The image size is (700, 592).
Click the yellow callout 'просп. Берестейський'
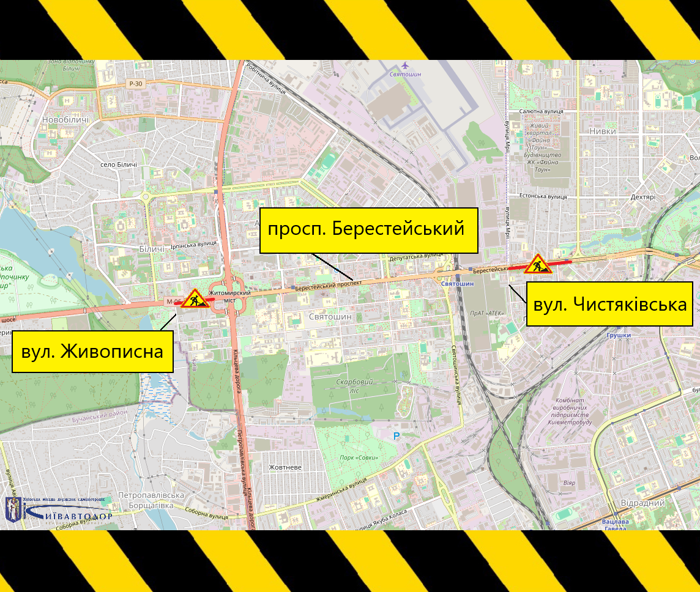pyautogui.click(x=368, y=230)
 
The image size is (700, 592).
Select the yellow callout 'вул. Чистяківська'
pyautogui.click(x=609, y=304)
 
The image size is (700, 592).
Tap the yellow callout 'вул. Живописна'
pyautogui.click(x=92, y=351)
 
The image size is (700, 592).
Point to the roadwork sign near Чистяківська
pyautogui.click(x=538, y=264)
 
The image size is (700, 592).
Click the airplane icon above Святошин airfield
pyautogui.click(x=405, y=65)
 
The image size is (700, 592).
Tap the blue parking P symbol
pyautogui.click(x=396, y=435)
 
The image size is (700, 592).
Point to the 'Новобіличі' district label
pyautogui.click(x=65, y=120)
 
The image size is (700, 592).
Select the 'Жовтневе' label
pyautogui.click(x=285, y=467)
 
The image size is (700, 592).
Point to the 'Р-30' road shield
pyautogui.click(x=136, y=84)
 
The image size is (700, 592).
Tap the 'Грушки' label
pyautogui.click(x=619, y=336)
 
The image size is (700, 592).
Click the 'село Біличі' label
pyautogui.click(x=119, y=165)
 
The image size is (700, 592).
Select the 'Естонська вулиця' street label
pyautogui.click(x=543, y=197)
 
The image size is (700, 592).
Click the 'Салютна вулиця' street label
pyautogui.click(x=541, y=111)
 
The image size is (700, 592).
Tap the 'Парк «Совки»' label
pyautogui.click(x=359, y=457)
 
